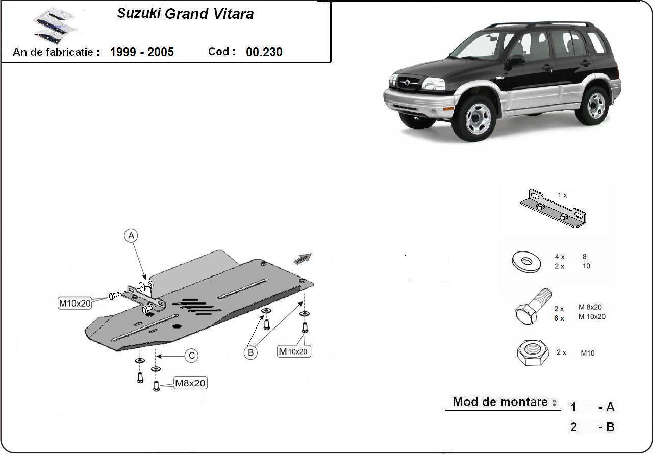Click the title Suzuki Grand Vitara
click(185, 14)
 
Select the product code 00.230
click(264, 52)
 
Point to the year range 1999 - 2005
click(142, 52)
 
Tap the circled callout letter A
click(131, 236)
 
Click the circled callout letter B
click(250, 352)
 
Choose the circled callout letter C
click(191, 356)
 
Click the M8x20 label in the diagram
click(190, 383)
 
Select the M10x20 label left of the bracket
click(74, 304)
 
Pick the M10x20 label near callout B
click(294, 351)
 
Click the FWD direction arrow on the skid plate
click(303, 258)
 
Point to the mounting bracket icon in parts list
click(552, 209)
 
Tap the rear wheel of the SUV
click(595, 106)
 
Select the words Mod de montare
click(500, 402)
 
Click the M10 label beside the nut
click(587, 353)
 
